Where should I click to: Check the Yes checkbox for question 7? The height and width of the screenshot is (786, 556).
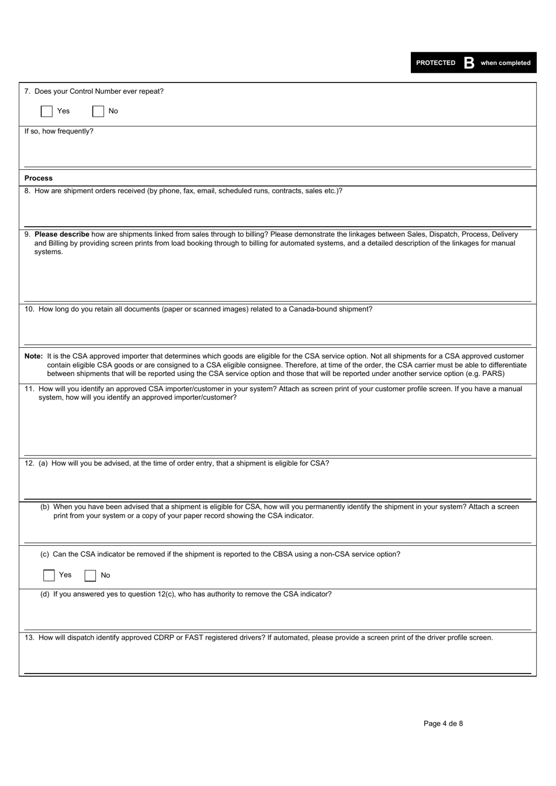pos(47,111)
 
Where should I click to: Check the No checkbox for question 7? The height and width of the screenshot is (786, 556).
pos(98,111)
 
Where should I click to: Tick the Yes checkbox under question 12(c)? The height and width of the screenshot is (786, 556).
pos(49,575)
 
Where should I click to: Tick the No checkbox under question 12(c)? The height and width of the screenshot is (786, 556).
pos(90,575)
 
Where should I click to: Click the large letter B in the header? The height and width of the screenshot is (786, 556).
pos(469,63)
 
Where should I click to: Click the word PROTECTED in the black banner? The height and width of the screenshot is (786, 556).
pos(435,63)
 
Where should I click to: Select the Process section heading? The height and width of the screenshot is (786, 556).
pos(39,178)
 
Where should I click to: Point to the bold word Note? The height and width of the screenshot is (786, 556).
pos(33,356)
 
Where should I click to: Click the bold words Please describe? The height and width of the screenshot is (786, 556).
pos(62,234)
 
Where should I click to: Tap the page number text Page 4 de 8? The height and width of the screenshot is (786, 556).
pos(443,723)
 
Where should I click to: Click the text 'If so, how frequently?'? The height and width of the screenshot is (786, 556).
pos(59,131)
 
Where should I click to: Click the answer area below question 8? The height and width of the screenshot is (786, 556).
pos(277,211)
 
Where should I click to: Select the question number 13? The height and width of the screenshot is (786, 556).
pos(29,638)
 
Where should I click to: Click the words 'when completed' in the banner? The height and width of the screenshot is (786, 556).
pos(506,63)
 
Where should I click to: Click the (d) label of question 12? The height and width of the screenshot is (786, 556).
pos(45,594)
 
